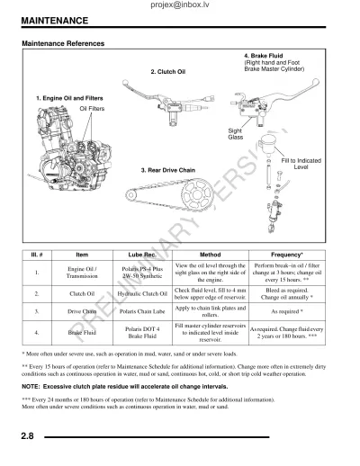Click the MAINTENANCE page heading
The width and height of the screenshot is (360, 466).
[x=55, y=21]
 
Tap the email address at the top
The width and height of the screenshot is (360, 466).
[x=180, y=4]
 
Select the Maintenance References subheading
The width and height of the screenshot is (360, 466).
[x=63, y=43]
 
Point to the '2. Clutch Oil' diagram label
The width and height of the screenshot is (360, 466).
[x=168, y=72]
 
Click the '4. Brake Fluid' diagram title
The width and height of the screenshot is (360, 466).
[x=263, y=56]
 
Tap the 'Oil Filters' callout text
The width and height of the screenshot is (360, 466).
[x=92, y=109]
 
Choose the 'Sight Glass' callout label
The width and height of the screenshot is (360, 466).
[x=236, y=134]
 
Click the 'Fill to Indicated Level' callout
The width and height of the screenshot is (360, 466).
[x=301, y=164]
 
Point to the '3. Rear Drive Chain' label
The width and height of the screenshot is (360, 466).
[x=168, y=170]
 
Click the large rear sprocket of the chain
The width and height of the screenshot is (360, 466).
[x=197, y=194]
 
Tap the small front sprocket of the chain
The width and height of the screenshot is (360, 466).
[x=131, y=195]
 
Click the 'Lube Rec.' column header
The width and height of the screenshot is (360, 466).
[x=142, y=255]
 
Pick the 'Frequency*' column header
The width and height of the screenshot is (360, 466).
[x=287, y=255]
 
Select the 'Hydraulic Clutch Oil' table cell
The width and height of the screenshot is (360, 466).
[x=142, y=293]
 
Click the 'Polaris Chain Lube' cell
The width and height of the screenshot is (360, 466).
[x=142, y=311]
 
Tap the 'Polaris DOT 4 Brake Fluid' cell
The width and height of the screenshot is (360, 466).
[x=142, y=332]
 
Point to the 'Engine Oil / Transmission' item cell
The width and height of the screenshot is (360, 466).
[x=82, y=273]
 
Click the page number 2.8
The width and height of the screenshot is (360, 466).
[x=27, y=435]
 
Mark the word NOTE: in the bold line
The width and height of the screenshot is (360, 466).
[x=31, y=387]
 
